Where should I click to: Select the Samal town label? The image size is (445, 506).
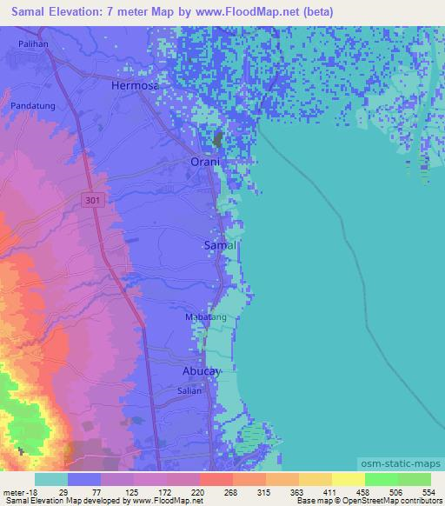219,246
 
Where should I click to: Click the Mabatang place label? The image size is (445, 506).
206,317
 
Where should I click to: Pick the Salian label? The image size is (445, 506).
190,390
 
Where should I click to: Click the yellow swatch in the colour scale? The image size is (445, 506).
348,479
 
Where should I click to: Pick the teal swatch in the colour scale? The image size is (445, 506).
51,479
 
